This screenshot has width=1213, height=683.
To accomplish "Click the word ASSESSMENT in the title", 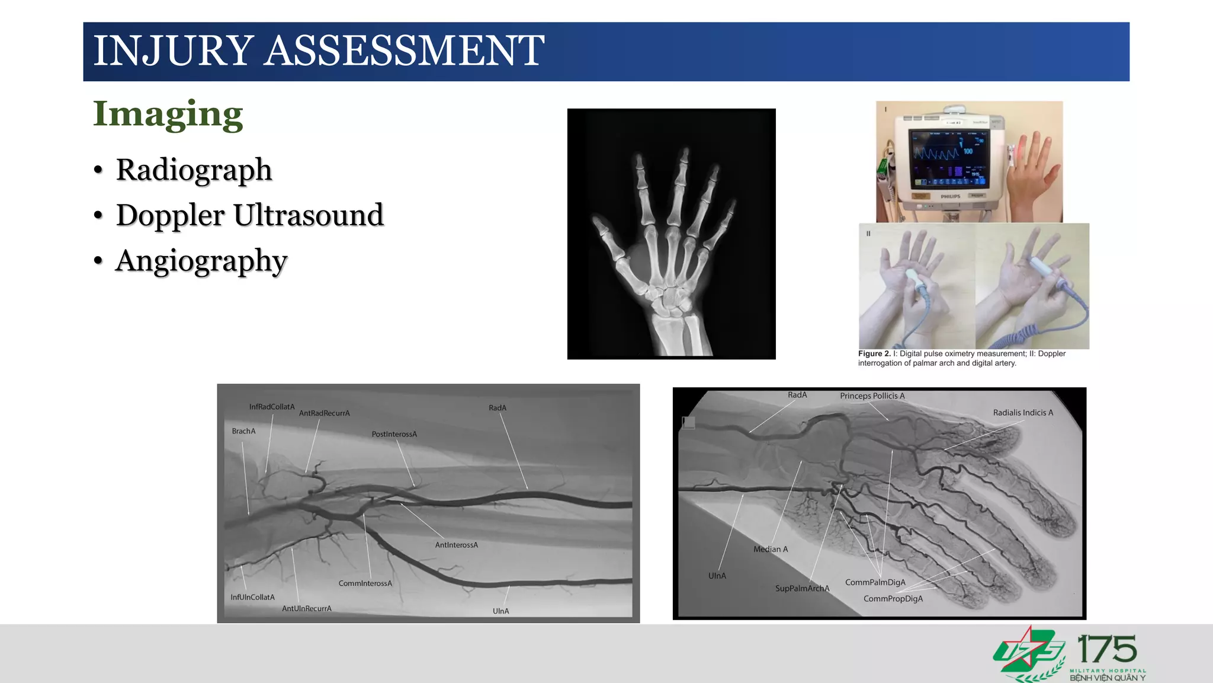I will coord(404,51).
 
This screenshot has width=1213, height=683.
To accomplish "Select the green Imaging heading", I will coord(168,114).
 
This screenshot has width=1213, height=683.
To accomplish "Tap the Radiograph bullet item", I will coord(194,170).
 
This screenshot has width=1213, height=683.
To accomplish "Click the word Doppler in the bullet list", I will coord(171,215).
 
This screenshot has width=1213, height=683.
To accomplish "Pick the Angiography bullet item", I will coord(201,261).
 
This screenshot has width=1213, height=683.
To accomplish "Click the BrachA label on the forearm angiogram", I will coord(243,431).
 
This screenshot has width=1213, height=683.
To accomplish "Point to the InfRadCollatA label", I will coord(271,407).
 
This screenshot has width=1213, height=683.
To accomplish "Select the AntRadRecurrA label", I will coord(324,413).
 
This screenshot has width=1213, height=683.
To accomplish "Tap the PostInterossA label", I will coord(394,434).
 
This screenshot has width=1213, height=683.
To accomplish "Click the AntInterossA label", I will coord(456,545).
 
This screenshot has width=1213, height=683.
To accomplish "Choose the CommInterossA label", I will coord(365,583).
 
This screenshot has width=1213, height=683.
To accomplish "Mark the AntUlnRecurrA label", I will coord(306,608).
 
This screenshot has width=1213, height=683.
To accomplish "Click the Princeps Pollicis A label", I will coord(872,396).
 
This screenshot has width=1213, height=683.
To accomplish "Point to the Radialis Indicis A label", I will coord(1023,413).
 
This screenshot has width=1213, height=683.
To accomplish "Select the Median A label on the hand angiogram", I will coord(770,549).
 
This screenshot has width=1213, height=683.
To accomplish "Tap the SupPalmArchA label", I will coord(802,588).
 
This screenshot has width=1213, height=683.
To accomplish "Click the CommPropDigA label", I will coord(893,599).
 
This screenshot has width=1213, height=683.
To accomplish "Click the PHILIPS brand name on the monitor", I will coord(950,196).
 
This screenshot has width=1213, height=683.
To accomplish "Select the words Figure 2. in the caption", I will coord(874,354).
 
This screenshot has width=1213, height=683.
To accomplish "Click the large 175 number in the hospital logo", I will coord(1106,650).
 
